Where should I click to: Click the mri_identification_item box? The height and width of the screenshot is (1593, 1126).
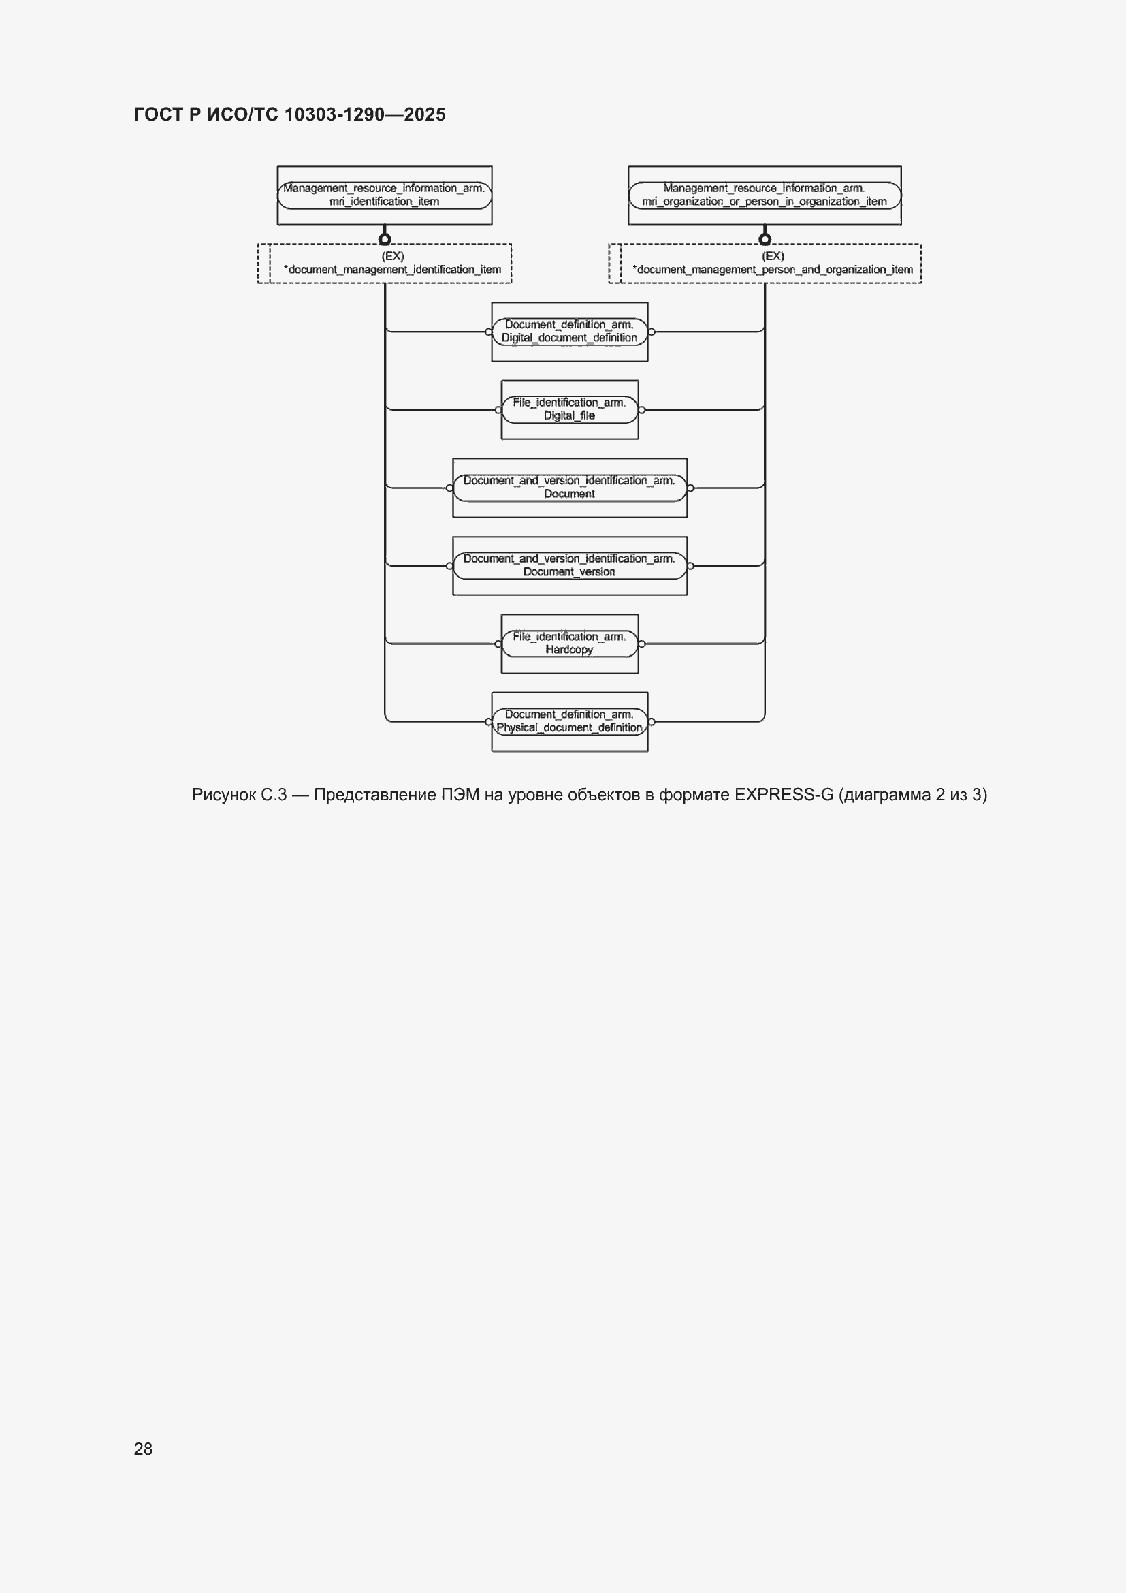pos(384,195)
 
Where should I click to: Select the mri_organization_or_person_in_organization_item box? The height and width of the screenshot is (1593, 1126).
pos(764,195)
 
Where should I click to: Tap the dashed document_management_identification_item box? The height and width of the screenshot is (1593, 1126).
pos(385,263)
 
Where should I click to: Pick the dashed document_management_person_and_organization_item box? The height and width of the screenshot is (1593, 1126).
pos(765,263)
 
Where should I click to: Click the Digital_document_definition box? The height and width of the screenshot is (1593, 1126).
pos(569,332)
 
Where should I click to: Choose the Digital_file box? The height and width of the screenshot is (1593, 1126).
pos(569,409)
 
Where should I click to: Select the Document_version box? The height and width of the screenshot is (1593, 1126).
pos(569,565)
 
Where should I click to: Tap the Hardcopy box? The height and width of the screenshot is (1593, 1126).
pos(569,643)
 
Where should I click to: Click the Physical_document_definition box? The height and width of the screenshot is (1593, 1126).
pos(569,721)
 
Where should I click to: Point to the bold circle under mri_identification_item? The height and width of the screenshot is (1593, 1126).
pos(385,239)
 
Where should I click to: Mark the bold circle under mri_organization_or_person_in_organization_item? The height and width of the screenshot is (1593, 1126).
pos(765,239)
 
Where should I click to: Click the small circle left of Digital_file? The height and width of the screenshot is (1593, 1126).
pos(498,410)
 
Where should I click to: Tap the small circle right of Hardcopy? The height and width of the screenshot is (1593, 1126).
pos(642,644)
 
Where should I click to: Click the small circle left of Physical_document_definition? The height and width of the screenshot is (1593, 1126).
pos(488,722)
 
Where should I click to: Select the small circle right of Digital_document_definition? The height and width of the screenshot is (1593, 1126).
pos(652,332)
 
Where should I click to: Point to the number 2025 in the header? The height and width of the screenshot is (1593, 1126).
pos(424,114)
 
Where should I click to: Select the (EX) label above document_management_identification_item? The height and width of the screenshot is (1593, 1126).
pos(392,256)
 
